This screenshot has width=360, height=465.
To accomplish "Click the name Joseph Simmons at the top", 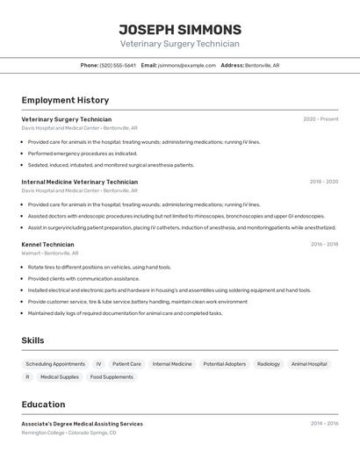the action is pos(180,29).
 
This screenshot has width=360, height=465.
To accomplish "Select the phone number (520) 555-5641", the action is pos(118,65).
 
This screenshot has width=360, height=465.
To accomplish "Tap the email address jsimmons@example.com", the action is pos(186,65).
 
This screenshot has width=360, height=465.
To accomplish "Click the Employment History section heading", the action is pos(65,100).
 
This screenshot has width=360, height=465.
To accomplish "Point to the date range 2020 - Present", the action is pos(320,119).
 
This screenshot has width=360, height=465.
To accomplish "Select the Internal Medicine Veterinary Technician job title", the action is pos(79,182).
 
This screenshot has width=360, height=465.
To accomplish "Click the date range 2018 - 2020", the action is pos(323,182).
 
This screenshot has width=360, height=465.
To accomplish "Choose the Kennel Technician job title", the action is pos(47,245).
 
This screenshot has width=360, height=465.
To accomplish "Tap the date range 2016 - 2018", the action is pos(323,245).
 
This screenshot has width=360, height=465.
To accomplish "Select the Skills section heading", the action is pos(33,340).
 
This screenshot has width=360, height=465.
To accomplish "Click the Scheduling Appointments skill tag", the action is pos(55,364).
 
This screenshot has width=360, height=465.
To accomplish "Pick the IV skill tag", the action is pos(98,364).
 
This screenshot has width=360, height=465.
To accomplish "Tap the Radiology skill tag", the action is pos(269,364).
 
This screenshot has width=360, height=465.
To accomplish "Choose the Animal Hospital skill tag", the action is pos(309,364).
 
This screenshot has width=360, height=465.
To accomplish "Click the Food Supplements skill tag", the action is pos(112,377).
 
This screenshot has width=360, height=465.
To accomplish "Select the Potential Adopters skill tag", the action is pos(225,364).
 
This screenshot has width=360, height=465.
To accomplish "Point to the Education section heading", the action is pos(43,404).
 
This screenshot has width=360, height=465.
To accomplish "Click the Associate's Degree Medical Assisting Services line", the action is pos(82,424).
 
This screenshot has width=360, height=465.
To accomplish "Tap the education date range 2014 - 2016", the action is pos(323,424).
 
